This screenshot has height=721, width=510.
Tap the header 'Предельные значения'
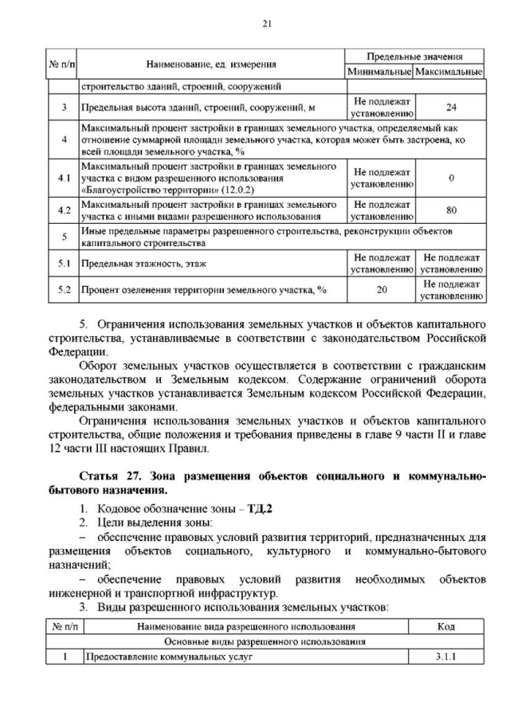pyautogui.click(x=414, y=57)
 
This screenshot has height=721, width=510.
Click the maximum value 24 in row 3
pyautogui.click(x=451, y=107)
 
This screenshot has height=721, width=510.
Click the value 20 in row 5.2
pyautogui.click(x=380, y=290)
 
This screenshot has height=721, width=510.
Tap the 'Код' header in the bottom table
pyautogui.click(x=446, y=626)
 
